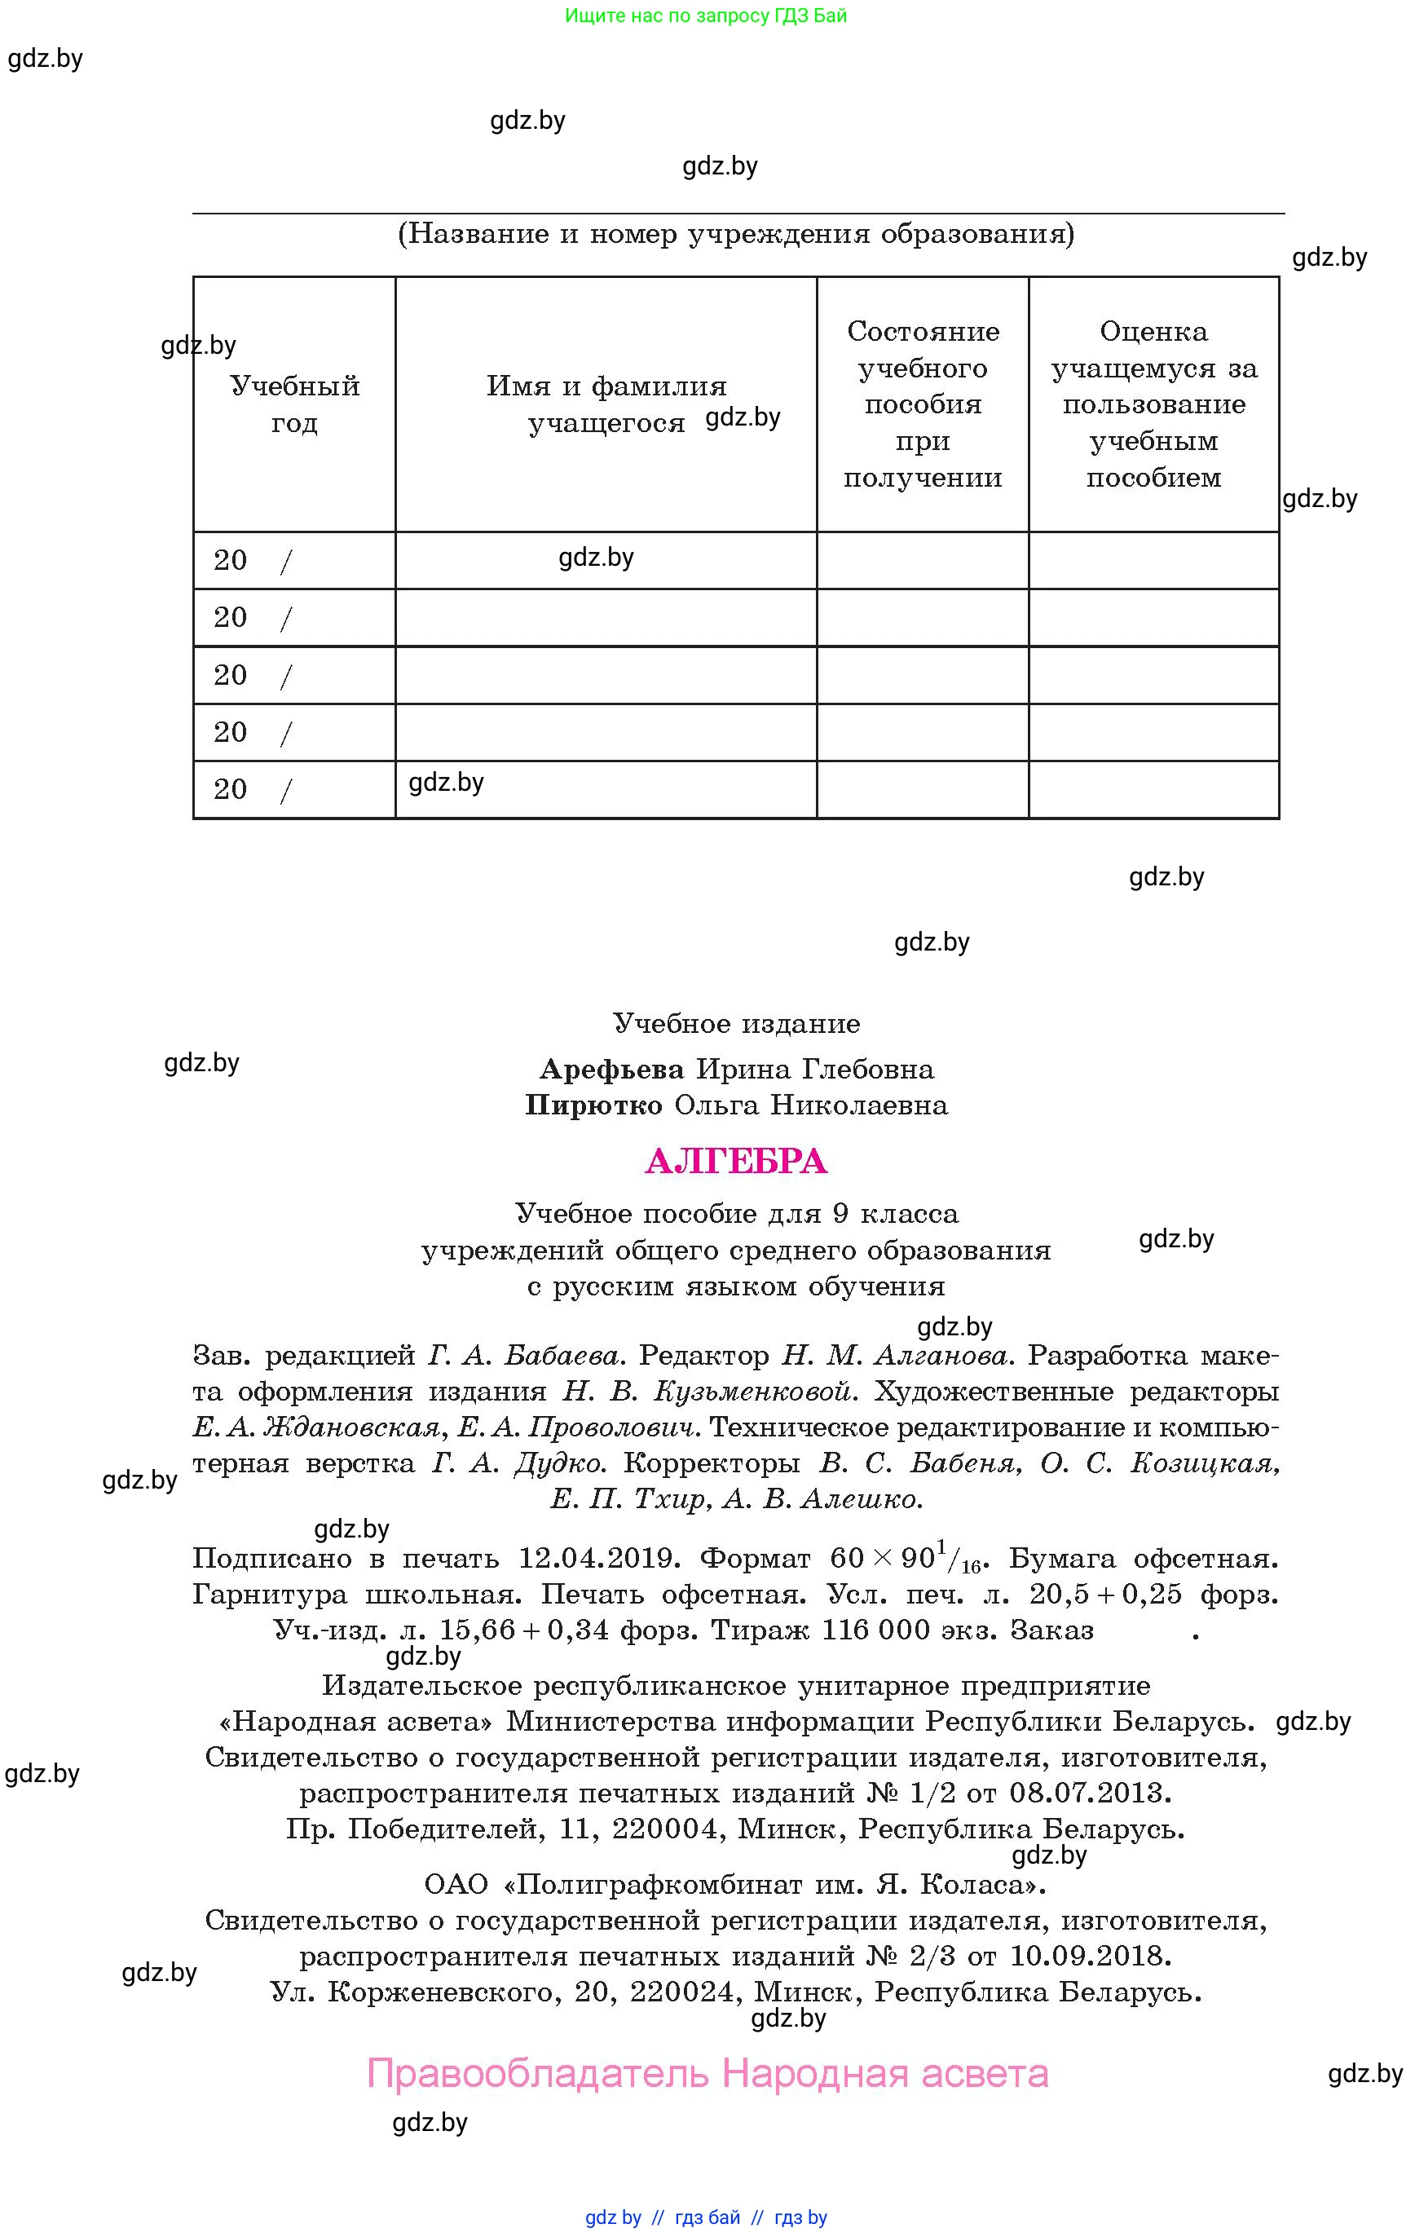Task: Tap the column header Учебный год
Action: tap(294, 404)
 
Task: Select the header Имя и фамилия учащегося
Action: tap(606, 404)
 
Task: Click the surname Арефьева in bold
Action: tap(611, 1070)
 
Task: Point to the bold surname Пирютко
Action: tap(593, 1105)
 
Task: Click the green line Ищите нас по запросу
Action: tap(705, 15)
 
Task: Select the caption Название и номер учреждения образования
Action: tap(736, 234)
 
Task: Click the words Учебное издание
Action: tap(736, 1024)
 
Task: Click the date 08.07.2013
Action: tap(1090, 1793)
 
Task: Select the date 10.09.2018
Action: tap(1090, 1957)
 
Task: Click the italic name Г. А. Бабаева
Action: tap(524, 1357)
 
